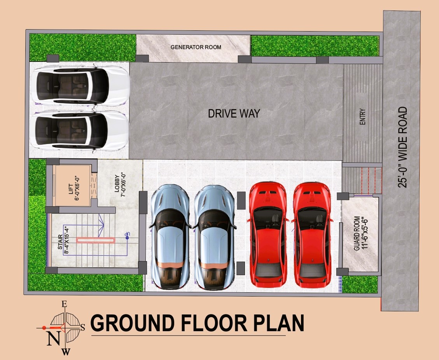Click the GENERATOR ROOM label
click(x=196, y=47)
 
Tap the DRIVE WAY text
click(x=234, y=114)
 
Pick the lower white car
click(x=82, y=130)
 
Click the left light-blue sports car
click(x=170, y=236)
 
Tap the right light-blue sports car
click(x=214, y=236)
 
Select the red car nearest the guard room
click(x=312, y=234)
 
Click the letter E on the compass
click(x=65, y=304)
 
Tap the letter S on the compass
click(x=82, y=327)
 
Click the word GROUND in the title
click(x=132, y=323)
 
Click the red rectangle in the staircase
click(x=95, y=240)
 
